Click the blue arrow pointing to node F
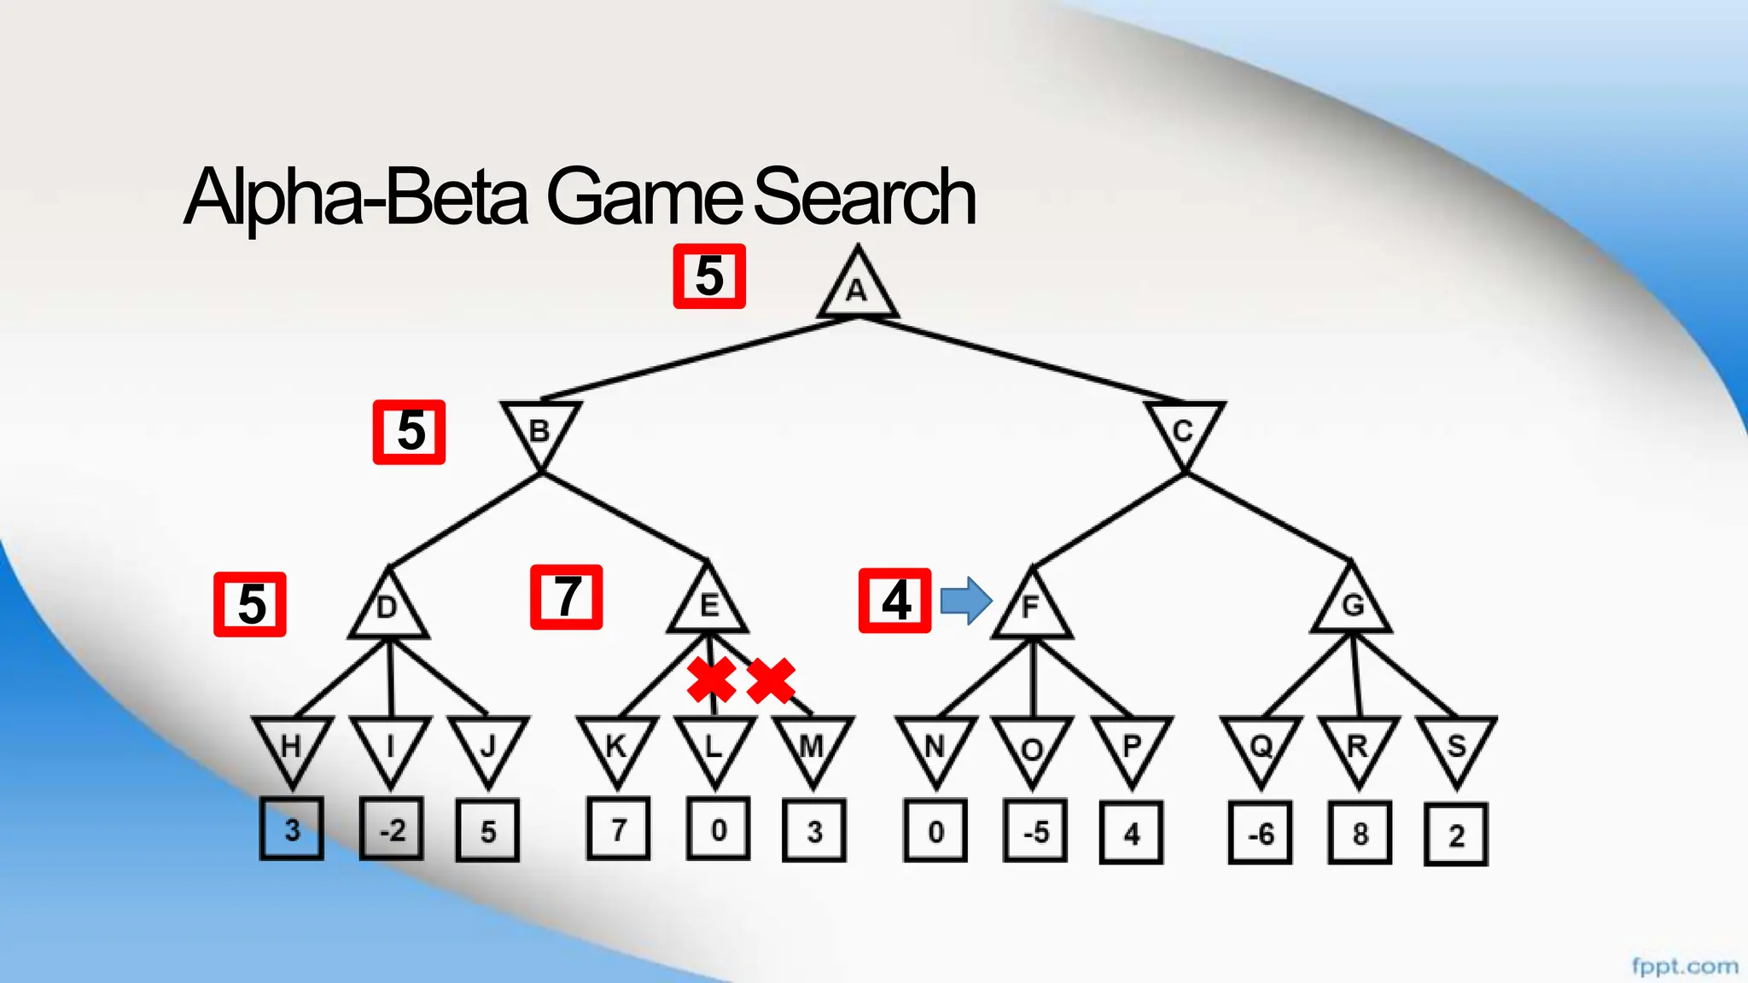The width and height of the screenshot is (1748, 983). (965, 601)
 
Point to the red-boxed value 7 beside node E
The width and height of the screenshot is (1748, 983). (567, 597)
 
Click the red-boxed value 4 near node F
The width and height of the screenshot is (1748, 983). (894, 601)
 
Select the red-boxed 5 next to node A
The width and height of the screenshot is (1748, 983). (709, 276)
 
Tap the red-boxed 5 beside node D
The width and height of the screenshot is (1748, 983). (250, 604)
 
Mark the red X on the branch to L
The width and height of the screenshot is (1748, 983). (712, 680)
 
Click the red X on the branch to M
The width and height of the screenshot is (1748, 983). (771, 680)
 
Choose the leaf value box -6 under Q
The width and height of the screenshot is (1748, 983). (1260, 833)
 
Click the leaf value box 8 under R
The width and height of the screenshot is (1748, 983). (1359, 833)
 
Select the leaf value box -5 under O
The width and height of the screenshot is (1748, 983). (1034, 832)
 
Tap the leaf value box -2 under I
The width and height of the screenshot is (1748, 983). (391, 829)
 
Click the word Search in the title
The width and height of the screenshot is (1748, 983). (864, 197)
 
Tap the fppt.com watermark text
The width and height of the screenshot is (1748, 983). (1684, 966)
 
